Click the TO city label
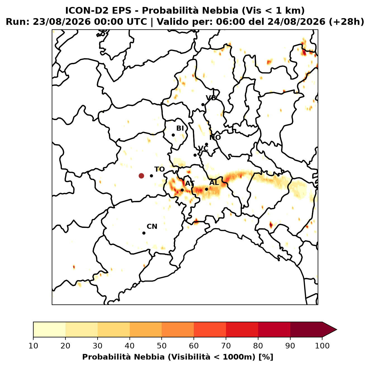[x=159, y=169]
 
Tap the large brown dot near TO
[x=141, y=176]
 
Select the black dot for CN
[x=144, y=233]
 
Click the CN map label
[x=152, y=227]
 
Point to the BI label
[x=180, y=128]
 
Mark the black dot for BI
[x=173, y=135]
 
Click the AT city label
[x=190, y=183]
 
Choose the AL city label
[x=214, y=182]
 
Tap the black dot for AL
[x=206, y=189]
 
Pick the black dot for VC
[x=195, y=155]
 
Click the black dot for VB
[x=203, y=104]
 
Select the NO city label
[x=215, y=137]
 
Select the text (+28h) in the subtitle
[x=347, y=22]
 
